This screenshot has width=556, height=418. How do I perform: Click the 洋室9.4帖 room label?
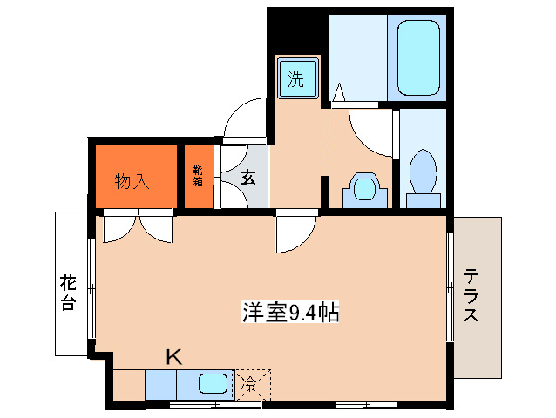[289, 312]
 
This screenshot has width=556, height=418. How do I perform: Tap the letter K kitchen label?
[174, 355]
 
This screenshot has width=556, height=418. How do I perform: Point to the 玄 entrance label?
[247, 178]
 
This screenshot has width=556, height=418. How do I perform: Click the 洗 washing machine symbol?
[296, 81]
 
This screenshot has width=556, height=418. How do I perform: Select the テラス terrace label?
[471, 295]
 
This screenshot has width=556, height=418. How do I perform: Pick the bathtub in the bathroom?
[417, 58]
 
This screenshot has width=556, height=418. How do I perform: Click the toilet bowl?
[422, 172]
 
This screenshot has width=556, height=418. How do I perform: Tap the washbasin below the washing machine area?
[362, 188]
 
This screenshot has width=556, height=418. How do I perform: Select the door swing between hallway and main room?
[295, 233]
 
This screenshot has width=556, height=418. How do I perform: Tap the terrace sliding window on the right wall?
[451, 287]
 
